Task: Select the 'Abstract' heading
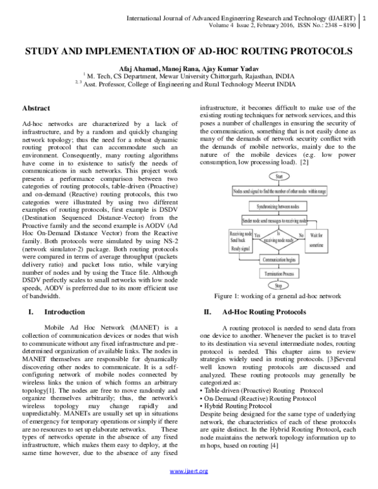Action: tap(36, 108)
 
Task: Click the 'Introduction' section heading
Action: tap(64, 312)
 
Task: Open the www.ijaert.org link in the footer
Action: tap(189, 471)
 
